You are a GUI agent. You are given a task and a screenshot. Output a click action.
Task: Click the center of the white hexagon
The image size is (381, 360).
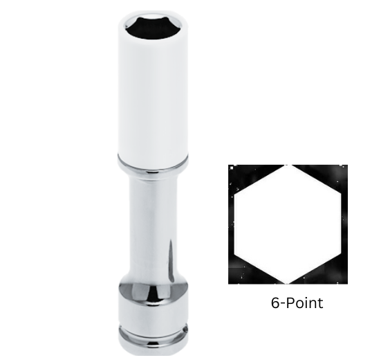pos(288,224)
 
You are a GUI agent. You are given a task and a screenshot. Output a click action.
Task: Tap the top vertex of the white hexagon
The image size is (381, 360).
pos(288,165)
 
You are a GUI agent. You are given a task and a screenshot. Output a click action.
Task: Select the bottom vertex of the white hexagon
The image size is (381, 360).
pos(288,283)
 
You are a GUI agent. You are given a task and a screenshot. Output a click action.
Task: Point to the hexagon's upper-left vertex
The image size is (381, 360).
pos(235,195)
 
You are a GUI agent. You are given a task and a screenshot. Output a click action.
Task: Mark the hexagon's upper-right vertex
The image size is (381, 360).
pos(339,195)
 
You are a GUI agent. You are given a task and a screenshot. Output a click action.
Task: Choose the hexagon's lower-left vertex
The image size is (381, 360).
pos(235,253)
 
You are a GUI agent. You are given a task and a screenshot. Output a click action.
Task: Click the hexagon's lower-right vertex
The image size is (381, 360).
pos(339,253)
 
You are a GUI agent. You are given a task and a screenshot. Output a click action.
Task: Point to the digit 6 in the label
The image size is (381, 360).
pos(275,303)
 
